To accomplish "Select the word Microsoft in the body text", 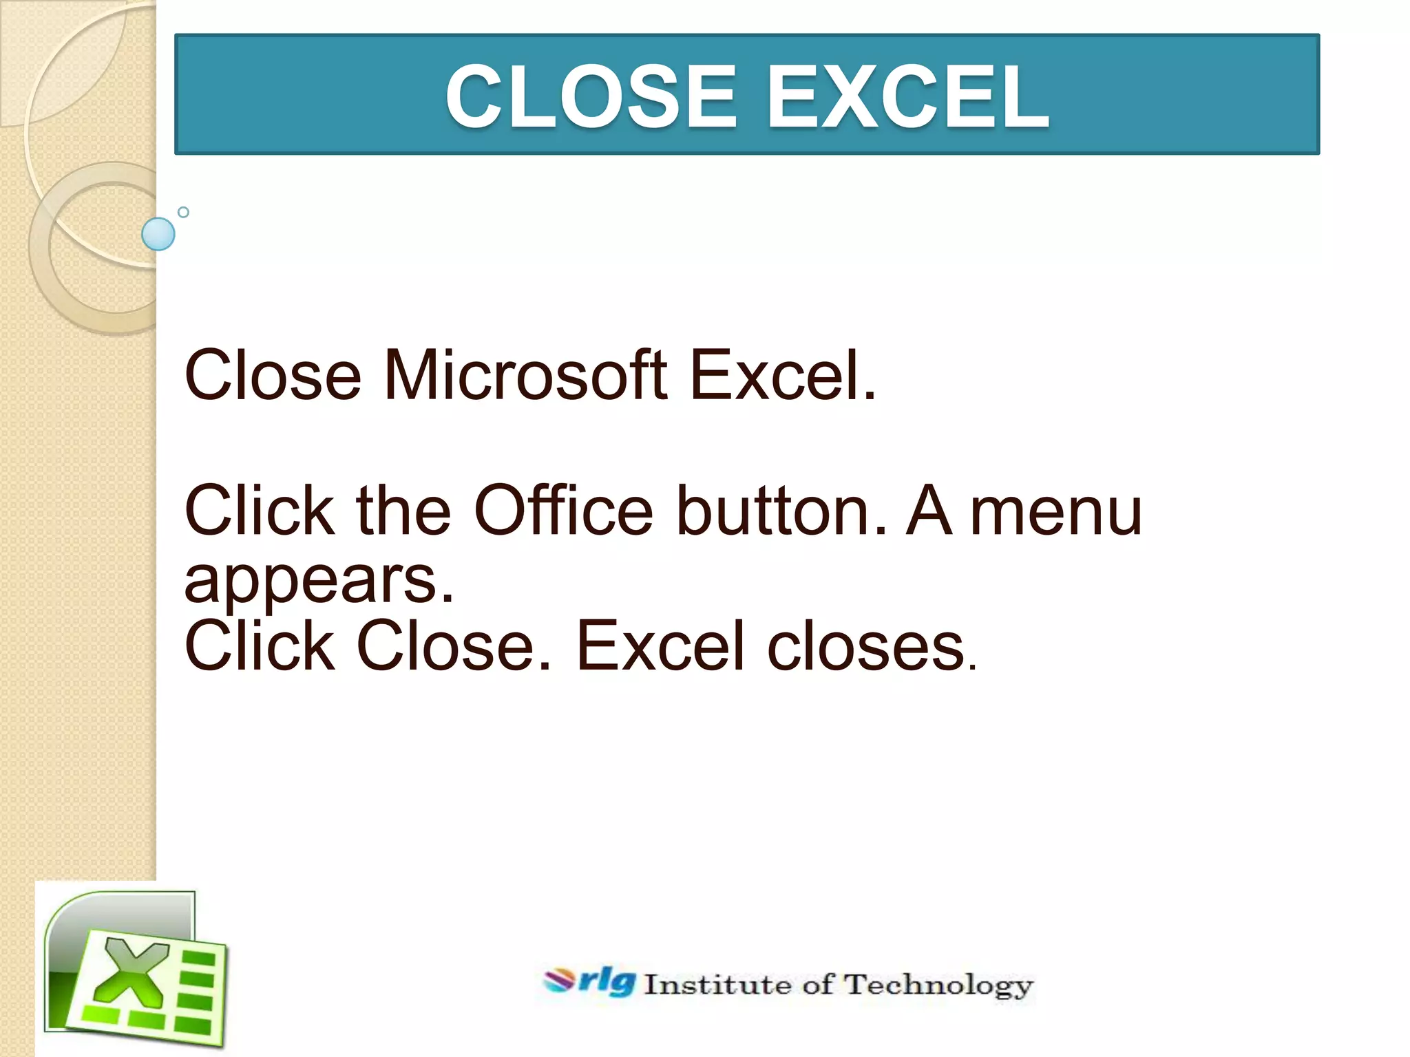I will click(x=525, y=375).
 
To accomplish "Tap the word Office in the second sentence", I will click(x=563, y=511).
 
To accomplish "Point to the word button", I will click(x=781, y=511).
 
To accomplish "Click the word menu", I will click(x=1055, y=513).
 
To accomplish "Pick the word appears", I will click(x=319, y=581).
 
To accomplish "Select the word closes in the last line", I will click(x=867, y=647).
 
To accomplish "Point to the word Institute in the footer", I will click(x=717, y=985).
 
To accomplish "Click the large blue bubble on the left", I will click(x=158, y=234).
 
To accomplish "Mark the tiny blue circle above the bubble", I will click(x=183, y=212).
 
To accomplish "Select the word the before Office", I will click(x=403, y=511).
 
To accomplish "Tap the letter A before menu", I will click(x=929, y=511).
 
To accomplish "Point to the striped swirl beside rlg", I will click(x=559, y=981).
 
